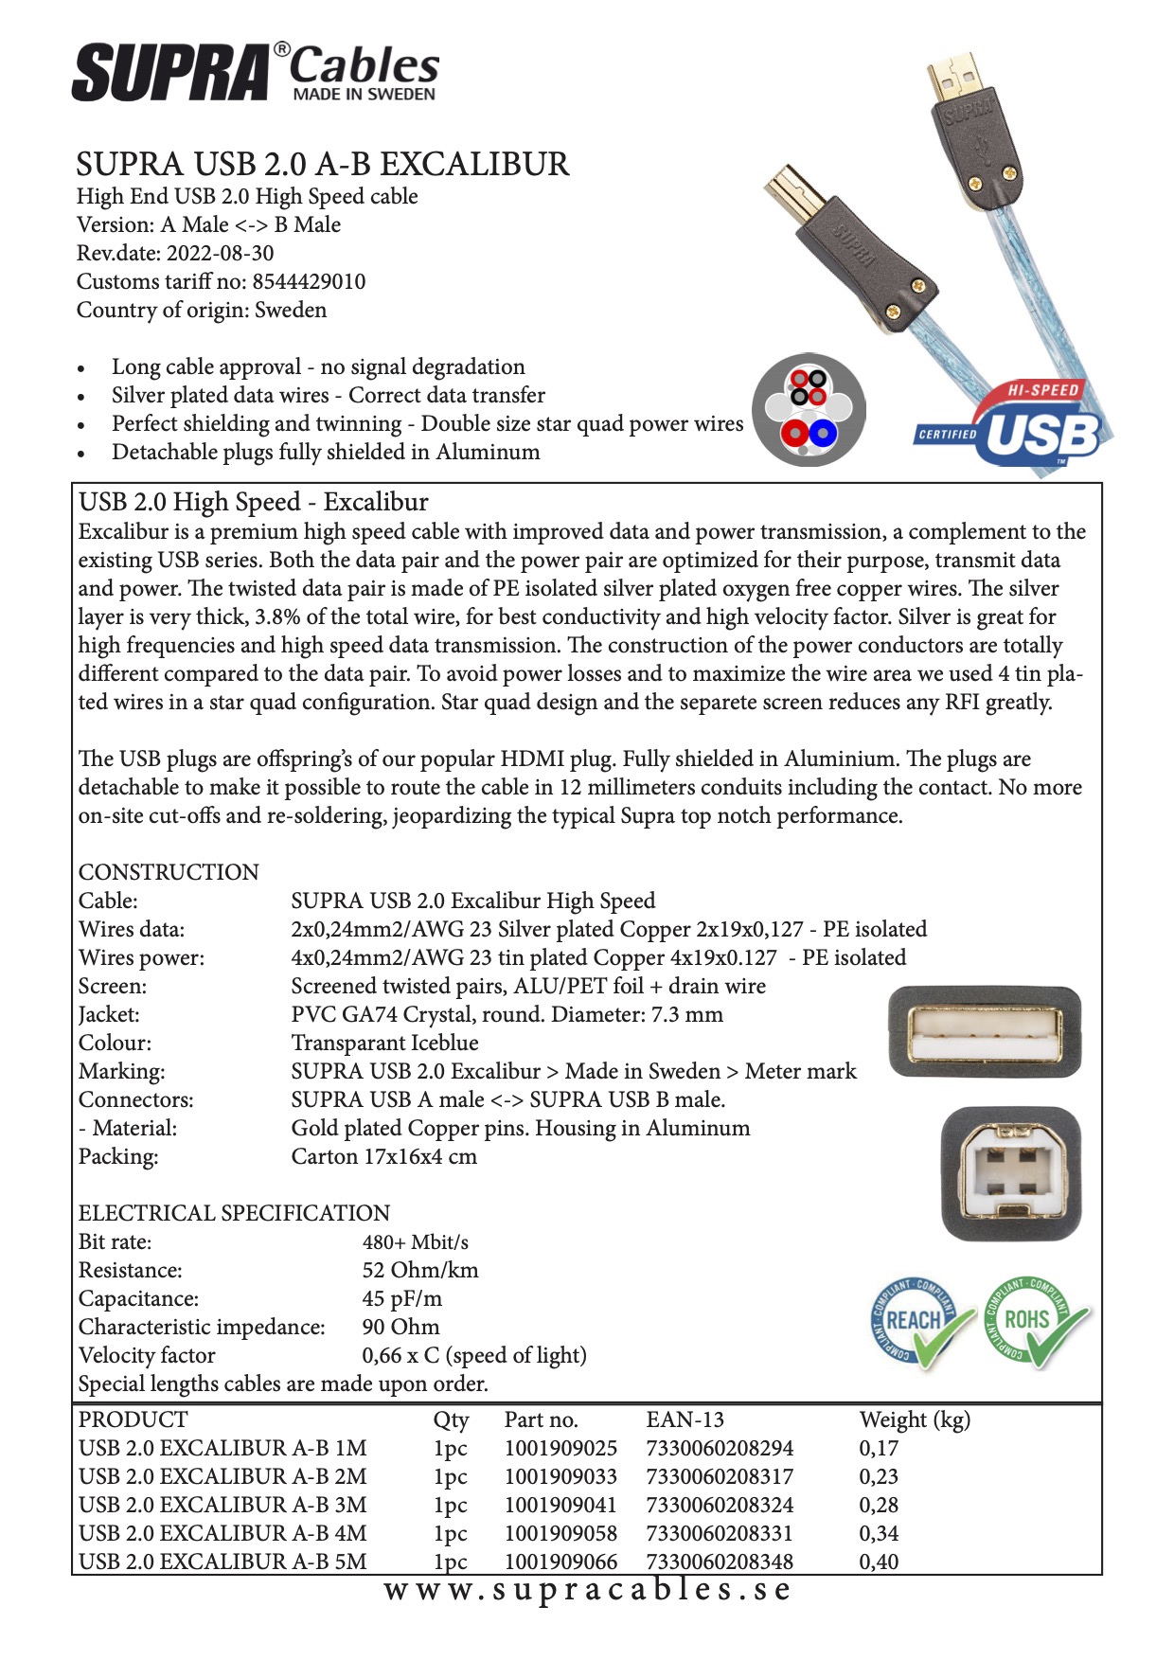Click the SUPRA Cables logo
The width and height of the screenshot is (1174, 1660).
(x=256, y=72)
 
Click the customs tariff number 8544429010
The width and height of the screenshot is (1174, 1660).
(x=309, y=282)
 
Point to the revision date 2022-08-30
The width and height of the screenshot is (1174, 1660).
(x=220, y=254)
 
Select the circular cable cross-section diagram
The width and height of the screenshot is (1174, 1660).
(x=809, y=409)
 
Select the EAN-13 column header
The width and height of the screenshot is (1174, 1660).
(x=685, y=1419)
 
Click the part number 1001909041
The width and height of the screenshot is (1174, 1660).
(x=560, y=1505)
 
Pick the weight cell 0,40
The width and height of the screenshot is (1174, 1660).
(x=879, y=1562)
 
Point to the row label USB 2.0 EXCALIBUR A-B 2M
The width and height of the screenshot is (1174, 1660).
(x=222, y=1476)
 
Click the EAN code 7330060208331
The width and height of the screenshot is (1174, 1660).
(x=720, y=1533)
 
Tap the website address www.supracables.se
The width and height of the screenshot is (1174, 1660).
(x=587, y=1590)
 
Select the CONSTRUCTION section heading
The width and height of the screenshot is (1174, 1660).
(x=169, y=872)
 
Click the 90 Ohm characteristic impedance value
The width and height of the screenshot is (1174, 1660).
(x=400, y=1327)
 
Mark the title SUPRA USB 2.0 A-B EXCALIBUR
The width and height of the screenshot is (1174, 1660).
(x=323, y=165)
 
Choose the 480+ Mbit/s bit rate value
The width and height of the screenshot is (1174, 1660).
(x=415, y=1242)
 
